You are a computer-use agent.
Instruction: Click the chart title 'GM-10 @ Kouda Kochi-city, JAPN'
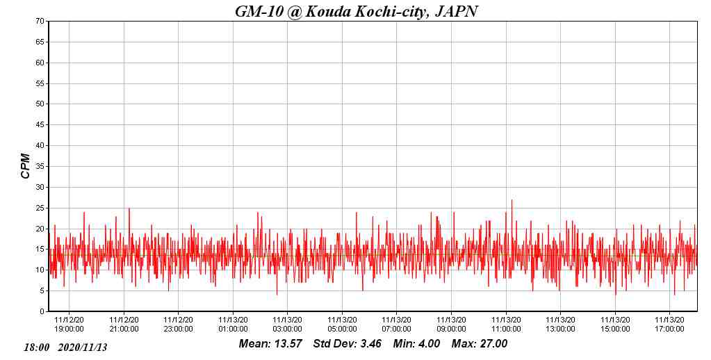point(357,11)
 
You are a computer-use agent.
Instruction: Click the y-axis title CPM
point(26,166)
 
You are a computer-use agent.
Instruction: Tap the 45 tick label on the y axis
point(40,125)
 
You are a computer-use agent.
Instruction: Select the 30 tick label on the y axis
point(40,188)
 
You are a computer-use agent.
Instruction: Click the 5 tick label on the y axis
point(42,291)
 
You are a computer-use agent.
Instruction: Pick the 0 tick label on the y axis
point(42,312)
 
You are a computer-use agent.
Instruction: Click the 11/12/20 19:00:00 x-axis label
point(70,325)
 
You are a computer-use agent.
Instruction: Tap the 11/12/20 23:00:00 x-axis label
point(179,325)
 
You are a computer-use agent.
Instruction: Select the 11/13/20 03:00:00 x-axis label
point(288,325)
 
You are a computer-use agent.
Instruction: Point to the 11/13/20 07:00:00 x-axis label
point(397,325)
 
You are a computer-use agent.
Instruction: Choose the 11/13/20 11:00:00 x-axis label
point(506,325)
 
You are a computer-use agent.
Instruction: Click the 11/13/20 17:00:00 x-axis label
point(670,325)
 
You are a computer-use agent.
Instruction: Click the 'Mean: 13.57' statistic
point(270,344)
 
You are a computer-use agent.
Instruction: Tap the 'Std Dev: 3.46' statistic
point(348,344)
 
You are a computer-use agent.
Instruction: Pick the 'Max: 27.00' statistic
point(480,344)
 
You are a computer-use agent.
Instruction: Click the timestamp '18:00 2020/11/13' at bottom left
point(65,347)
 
